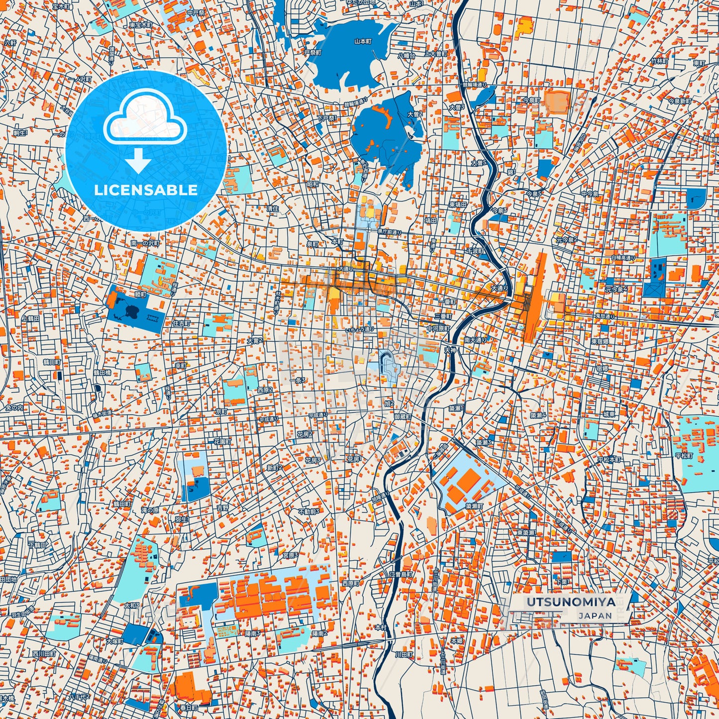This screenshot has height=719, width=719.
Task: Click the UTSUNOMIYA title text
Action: click(x=570, y=602)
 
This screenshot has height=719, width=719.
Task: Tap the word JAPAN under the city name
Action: click(x=595, y=616)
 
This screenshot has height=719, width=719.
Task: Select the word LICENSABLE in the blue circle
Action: click(x=146, y=190)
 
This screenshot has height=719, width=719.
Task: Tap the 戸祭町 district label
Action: click(x=312, y=52)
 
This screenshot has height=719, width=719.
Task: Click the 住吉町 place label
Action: click(x=181, y=323)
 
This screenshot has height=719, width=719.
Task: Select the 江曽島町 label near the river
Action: click(x=401, y=574)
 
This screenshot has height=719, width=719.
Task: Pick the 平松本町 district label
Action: click(x=610, y=459)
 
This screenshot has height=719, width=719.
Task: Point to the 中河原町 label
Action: click(x=438, y=329)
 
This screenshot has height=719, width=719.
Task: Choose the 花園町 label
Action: click(x=222, y=441)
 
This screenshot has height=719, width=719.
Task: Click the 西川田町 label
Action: click(x=44, y=653)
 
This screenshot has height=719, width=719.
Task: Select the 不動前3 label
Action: click(x=309, y=511)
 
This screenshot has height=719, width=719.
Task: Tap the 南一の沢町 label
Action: click(x=145, y=243)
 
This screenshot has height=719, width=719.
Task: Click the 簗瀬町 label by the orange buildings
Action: click(x=474, y=506)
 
